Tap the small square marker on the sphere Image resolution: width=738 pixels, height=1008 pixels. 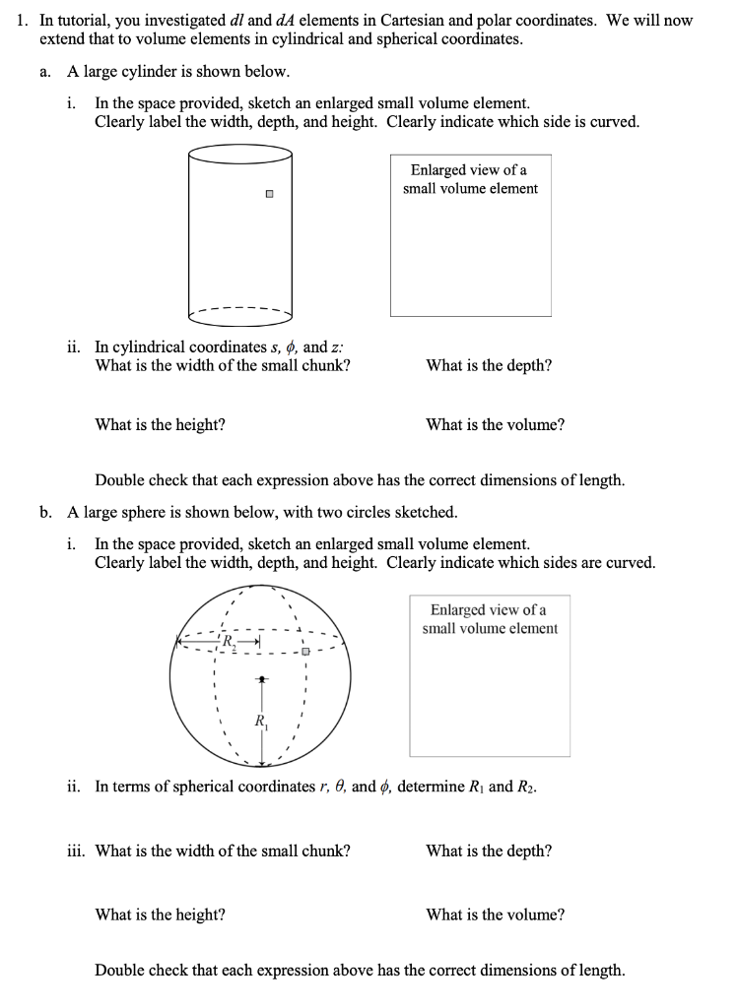305,652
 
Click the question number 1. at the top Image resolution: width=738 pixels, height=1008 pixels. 25,20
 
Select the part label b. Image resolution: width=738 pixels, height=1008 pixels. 46,513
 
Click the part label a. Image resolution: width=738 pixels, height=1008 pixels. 46,72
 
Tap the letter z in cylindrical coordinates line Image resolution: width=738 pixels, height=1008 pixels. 336,346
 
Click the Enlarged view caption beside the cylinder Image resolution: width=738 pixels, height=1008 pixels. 470,179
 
